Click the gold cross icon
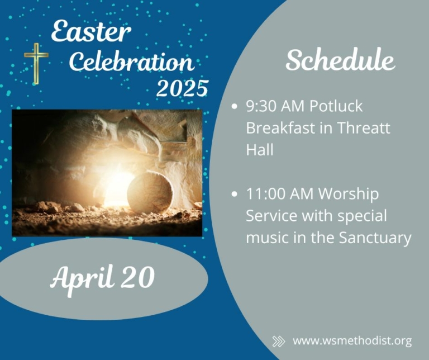point(36,63)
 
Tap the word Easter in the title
point(91,31)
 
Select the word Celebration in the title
point(131,61)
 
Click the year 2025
point(182,88)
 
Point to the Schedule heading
point(340,60)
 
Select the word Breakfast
point(281,127)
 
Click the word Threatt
point(363,127)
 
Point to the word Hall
point(260,150)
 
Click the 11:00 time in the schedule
point(266,193)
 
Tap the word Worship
point(349,195)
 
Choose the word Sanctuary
point(375,238)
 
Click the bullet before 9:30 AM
point(234,106)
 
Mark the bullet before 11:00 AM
point(234,194)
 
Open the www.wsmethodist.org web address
point(352,341)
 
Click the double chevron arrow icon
point(279,342)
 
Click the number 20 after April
point(137,277)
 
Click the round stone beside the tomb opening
point(150,192)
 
